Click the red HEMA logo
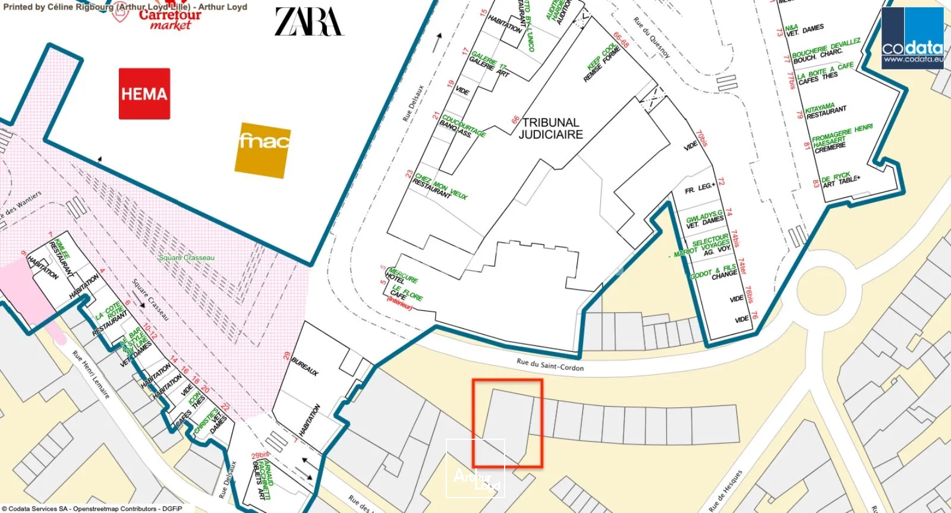(x=144, y=93)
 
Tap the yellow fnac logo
(x=263, y=149)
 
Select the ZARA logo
(x=309, y=22)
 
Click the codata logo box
(x=912, y=39)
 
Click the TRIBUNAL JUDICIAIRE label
(x=550, y=128)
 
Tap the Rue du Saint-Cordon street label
(x=550, y=365)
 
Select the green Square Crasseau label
(x=187, y=257)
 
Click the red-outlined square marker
(x=507, y=423)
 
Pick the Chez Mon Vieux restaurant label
(x=440, y=186)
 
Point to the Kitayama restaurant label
(x=825, y=111)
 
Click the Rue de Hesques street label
(x=726, y=490)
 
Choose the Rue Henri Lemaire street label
(x=91, y=374)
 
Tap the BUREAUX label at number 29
(x=305, y=366)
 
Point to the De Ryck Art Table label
(x=839, y=180)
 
